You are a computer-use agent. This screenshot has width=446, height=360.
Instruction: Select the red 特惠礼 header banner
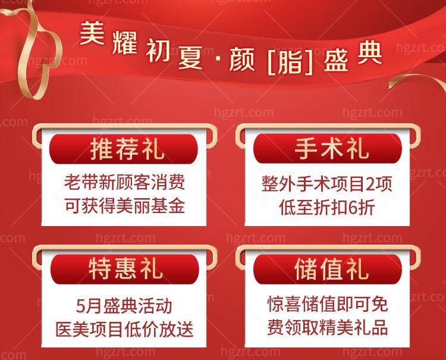tap(124, 270)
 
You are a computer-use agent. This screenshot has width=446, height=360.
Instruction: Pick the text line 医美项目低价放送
tap(124, 329)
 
